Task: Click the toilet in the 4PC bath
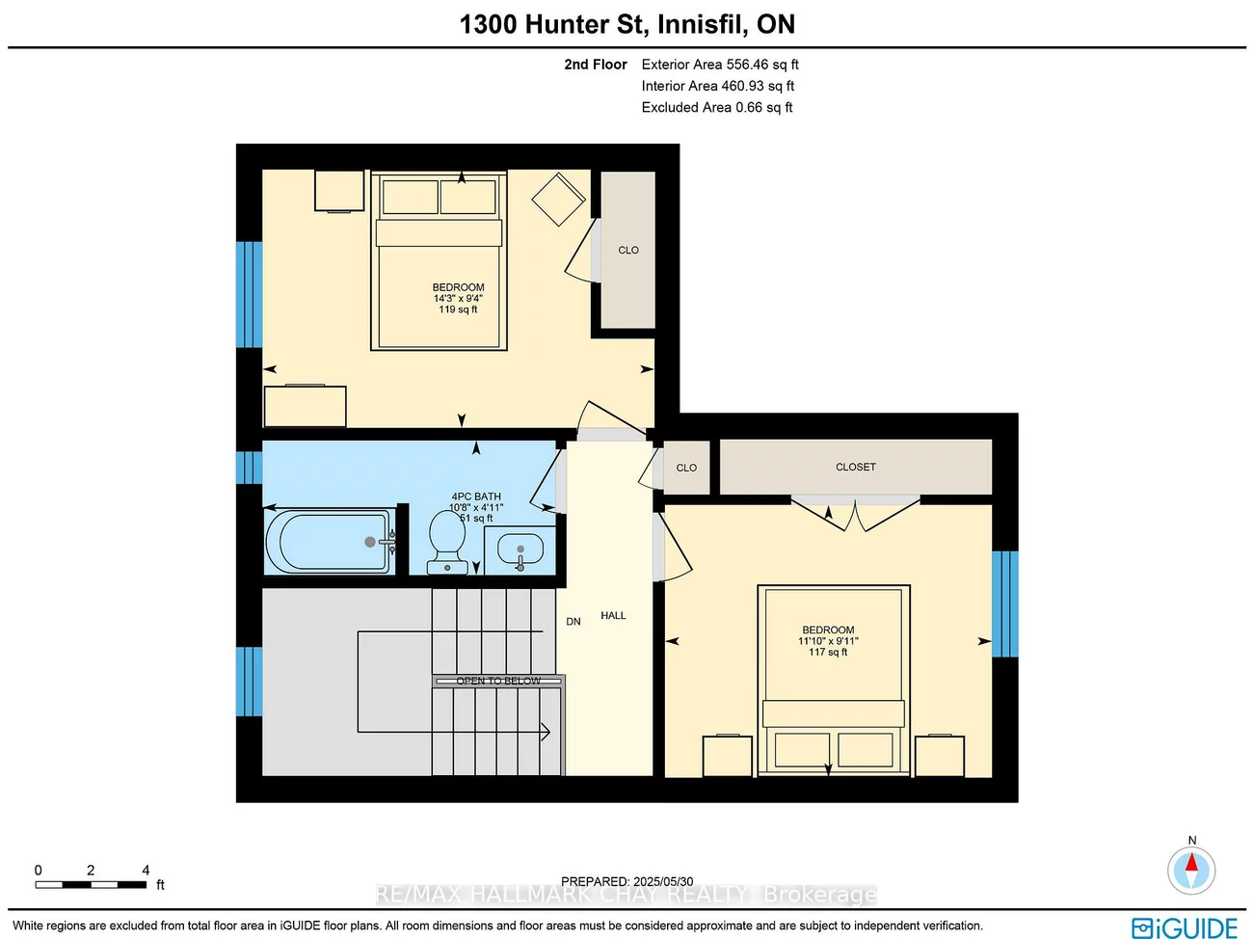(x=446, y=541)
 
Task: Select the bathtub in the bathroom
(x=330, y=542)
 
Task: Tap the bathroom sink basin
(x=520, y=550)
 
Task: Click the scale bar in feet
(x=92, y=883)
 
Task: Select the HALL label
(x=613, y=615)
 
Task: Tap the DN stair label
(x=573, y=622)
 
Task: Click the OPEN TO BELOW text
(x=498, y=681)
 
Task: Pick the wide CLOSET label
(x=855, y=467)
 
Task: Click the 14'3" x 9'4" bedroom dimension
(x=458, y=299)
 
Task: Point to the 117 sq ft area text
(x=828, y=653)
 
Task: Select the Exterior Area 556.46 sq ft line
(x=720, y=65)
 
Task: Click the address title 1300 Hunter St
(x=626, y=24)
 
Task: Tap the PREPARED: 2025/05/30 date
(x=626, y=881)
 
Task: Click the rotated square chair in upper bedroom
(x=559, y=200)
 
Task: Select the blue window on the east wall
(x=1004, y=604)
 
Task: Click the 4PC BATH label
(x=476, y=496)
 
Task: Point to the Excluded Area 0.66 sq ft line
(x=717, y=107)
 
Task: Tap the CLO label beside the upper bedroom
(x=628, y=250)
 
